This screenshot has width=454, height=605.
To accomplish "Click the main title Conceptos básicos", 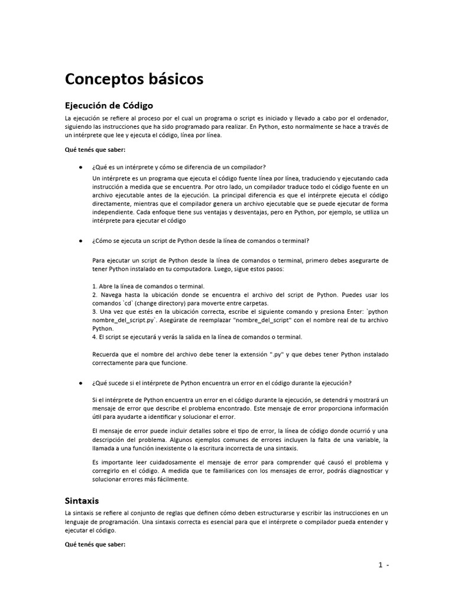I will [134, 79].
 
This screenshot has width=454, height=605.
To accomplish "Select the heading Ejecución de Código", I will [109, 105].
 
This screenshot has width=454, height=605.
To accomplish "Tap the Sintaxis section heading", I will [82, 500].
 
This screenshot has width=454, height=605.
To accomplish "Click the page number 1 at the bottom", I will [381, 565].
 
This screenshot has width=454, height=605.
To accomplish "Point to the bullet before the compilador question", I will [80, 167].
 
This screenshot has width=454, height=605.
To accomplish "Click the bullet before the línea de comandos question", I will [80, 241].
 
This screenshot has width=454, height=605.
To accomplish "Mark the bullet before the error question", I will [80, 383].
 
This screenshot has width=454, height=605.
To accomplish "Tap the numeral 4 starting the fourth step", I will [95, 337].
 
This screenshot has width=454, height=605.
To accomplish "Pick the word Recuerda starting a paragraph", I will [106, 354].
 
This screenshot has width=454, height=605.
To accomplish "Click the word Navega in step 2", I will [113, 294].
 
